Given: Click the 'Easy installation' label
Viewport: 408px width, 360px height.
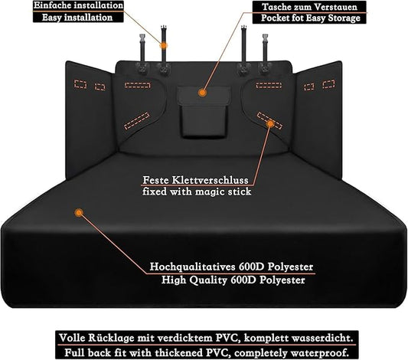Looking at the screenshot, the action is click(77, 18).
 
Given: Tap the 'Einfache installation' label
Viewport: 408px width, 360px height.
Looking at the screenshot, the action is click(78, 5).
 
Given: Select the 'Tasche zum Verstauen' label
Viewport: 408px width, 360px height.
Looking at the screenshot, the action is click(309, 7).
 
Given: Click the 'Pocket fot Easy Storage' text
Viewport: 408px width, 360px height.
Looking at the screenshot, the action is click(311, 18).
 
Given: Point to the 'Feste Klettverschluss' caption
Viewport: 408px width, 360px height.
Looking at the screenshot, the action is click(196, 180).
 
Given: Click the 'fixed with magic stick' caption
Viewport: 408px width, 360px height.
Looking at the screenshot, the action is click(197, 191).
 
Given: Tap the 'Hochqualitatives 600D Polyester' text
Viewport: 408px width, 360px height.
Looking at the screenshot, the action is click(231, 267).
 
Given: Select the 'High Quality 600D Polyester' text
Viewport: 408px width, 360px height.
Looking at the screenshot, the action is click(233, 280).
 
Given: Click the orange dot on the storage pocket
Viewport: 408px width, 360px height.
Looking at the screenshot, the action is click(202, 93).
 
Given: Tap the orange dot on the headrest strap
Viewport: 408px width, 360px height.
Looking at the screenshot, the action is click(163, 45).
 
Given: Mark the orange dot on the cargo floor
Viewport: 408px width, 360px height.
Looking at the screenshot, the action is click(79, 213).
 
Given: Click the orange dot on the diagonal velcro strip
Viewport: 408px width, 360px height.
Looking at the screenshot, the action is click(271, 123).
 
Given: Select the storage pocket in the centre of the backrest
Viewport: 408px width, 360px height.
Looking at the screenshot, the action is click(204, 112).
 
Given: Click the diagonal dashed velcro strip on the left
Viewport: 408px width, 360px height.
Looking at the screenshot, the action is click(137, 121).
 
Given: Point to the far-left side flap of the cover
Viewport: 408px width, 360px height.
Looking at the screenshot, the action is click(90, 119).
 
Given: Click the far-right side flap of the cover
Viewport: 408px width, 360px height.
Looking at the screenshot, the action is click(318, 119).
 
